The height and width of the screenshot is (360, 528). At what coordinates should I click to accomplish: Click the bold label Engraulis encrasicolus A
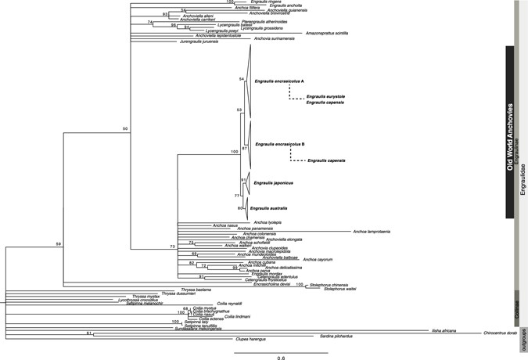click(279, 81)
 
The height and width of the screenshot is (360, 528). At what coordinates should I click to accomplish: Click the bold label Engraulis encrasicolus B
click(280, 144)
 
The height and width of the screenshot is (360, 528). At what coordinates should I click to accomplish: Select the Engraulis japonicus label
click(272, 183)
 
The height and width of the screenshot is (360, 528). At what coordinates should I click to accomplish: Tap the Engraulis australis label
click(269, 208)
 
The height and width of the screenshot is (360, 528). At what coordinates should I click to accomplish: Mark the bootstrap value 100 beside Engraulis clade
click(233, 151)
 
